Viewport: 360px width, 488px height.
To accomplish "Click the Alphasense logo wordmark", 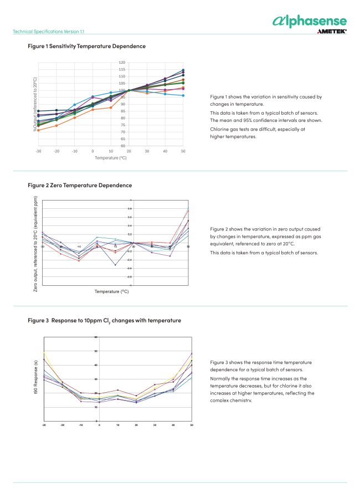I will (x=310, y=21).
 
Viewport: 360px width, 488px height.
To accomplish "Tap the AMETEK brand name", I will (x=332, y=32).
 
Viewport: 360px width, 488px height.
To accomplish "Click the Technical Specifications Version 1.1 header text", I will (x=49, y=32).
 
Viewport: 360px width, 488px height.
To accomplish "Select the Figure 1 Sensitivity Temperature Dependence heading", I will (x=87, y=46).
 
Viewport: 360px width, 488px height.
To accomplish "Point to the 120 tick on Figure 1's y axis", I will (x=122, y=63).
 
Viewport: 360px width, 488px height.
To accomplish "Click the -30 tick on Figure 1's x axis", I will (x=38, y=151).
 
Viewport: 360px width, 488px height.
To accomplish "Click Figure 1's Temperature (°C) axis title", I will (x=111, y=158).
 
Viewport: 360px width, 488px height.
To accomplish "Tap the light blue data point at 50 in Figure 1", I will (x=183, y=95).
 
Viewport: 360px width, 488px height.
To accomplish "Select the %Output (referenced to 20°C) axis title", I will (x=34, y=104).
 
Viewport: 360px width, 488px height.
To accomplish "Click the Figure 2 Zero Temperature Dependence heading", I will (x=80, y=185).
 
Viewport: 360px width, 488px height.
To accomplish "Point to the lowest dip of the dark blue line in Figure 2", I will (x=115, y=265).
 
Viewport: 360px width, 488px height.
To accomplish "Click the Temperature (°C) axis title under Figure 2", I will (x=111, y=291).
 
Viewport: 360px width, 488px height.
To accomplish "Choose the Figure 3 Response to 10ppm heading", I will (x=104, y=320).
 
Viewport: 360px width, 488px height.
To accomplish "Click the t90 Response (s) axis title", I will (x=35, y=379).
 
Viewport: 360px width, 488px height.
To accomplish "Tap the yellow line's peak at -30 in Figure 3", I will (x=44, y=352).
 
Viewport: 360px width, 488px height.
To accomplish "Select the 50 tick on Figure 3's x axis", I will (x=192, y=425).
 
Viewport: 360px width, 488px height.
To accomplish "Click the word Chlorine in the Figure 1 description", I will (x=219, y=129).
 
